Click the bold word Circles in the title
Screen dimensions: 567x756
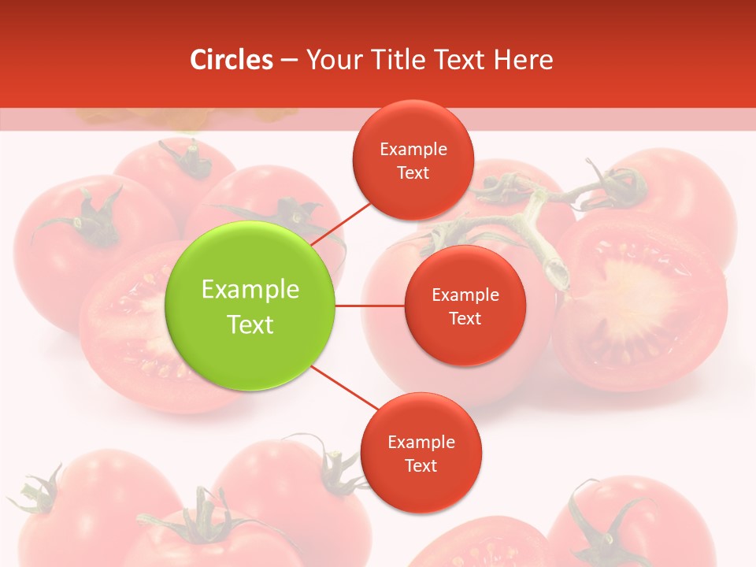coord(232,60)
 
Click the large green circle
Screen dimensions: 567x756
coord(250,306)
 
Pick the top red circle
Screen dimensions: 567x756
coord(413,160)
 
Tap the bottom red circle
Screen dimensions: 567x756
coord(421,452)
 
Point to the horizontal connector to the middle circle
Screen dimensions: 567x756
coord(369,306)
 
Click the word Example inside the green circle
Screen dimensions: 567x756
coord(250,290)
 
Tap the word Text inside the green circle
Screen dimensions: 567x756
coord(250,324)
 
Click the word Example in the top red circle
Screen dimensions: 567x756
coord(413,150)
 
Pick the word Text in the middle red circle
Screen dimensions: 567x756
coord(465,318)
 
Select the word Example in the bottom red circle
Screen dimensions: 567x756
coord(421,443)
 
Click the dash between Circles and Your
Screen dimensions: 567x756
coord(289,61)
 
